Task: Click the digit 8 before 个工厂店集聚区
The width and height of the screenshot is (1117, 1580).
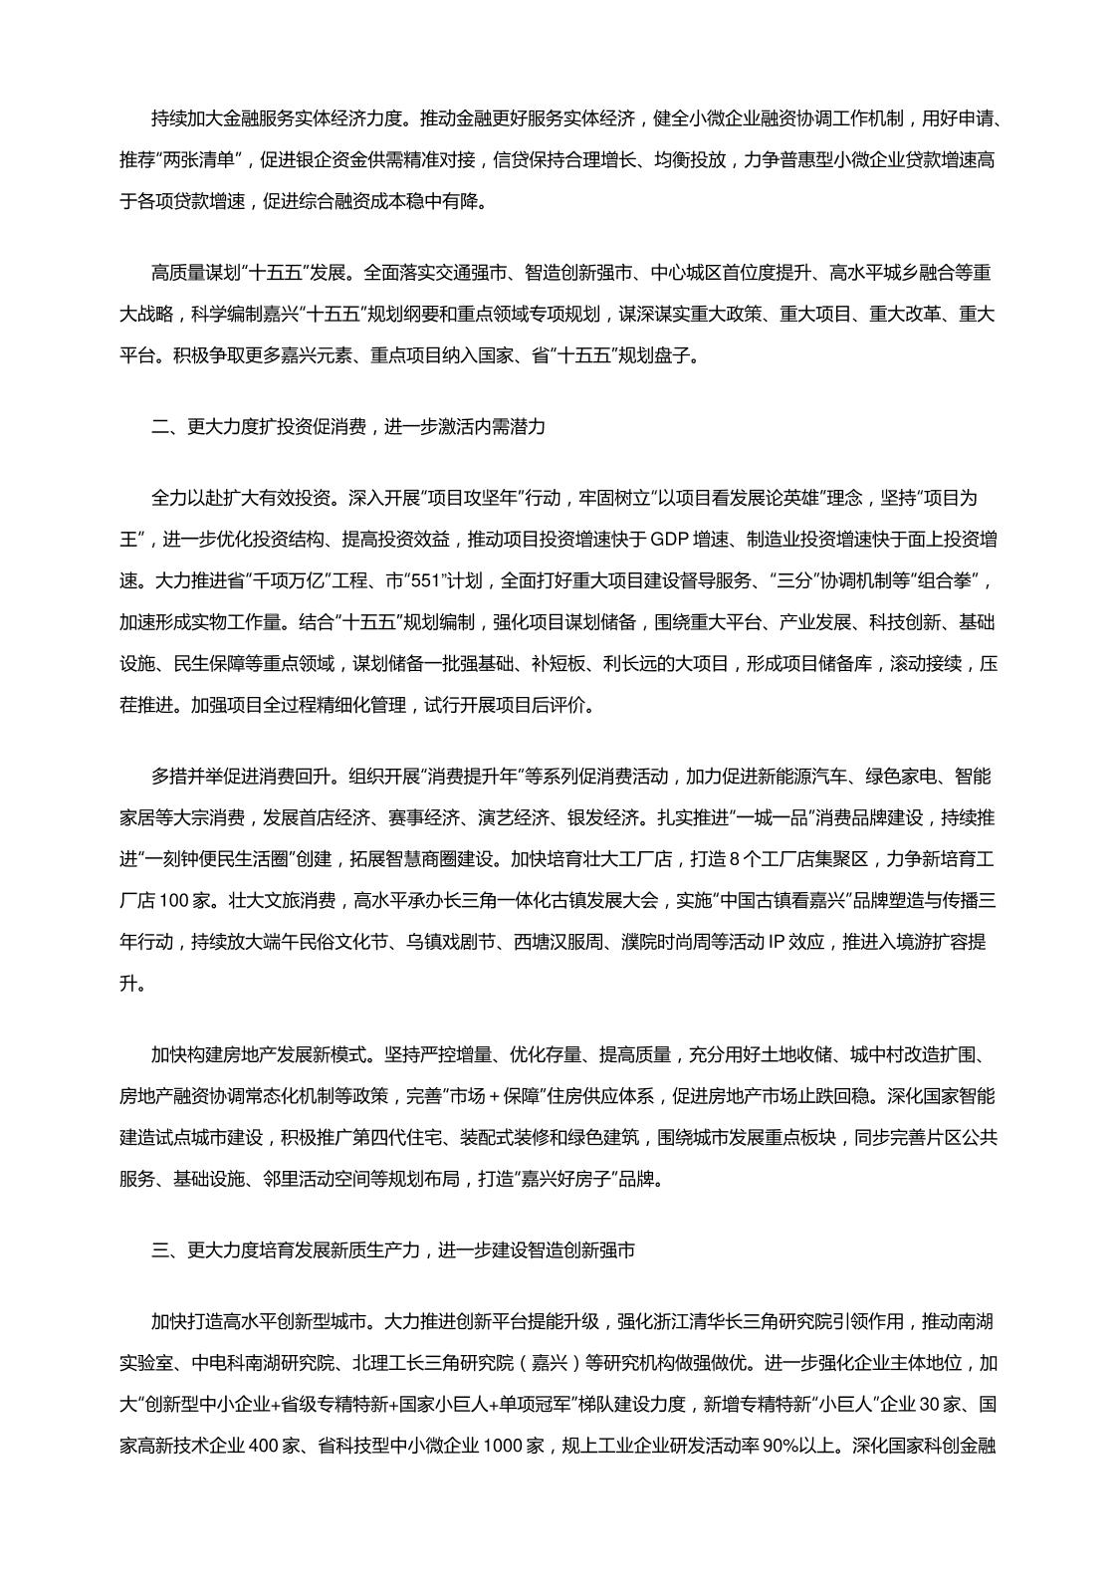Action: click(x=763, y=858)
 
